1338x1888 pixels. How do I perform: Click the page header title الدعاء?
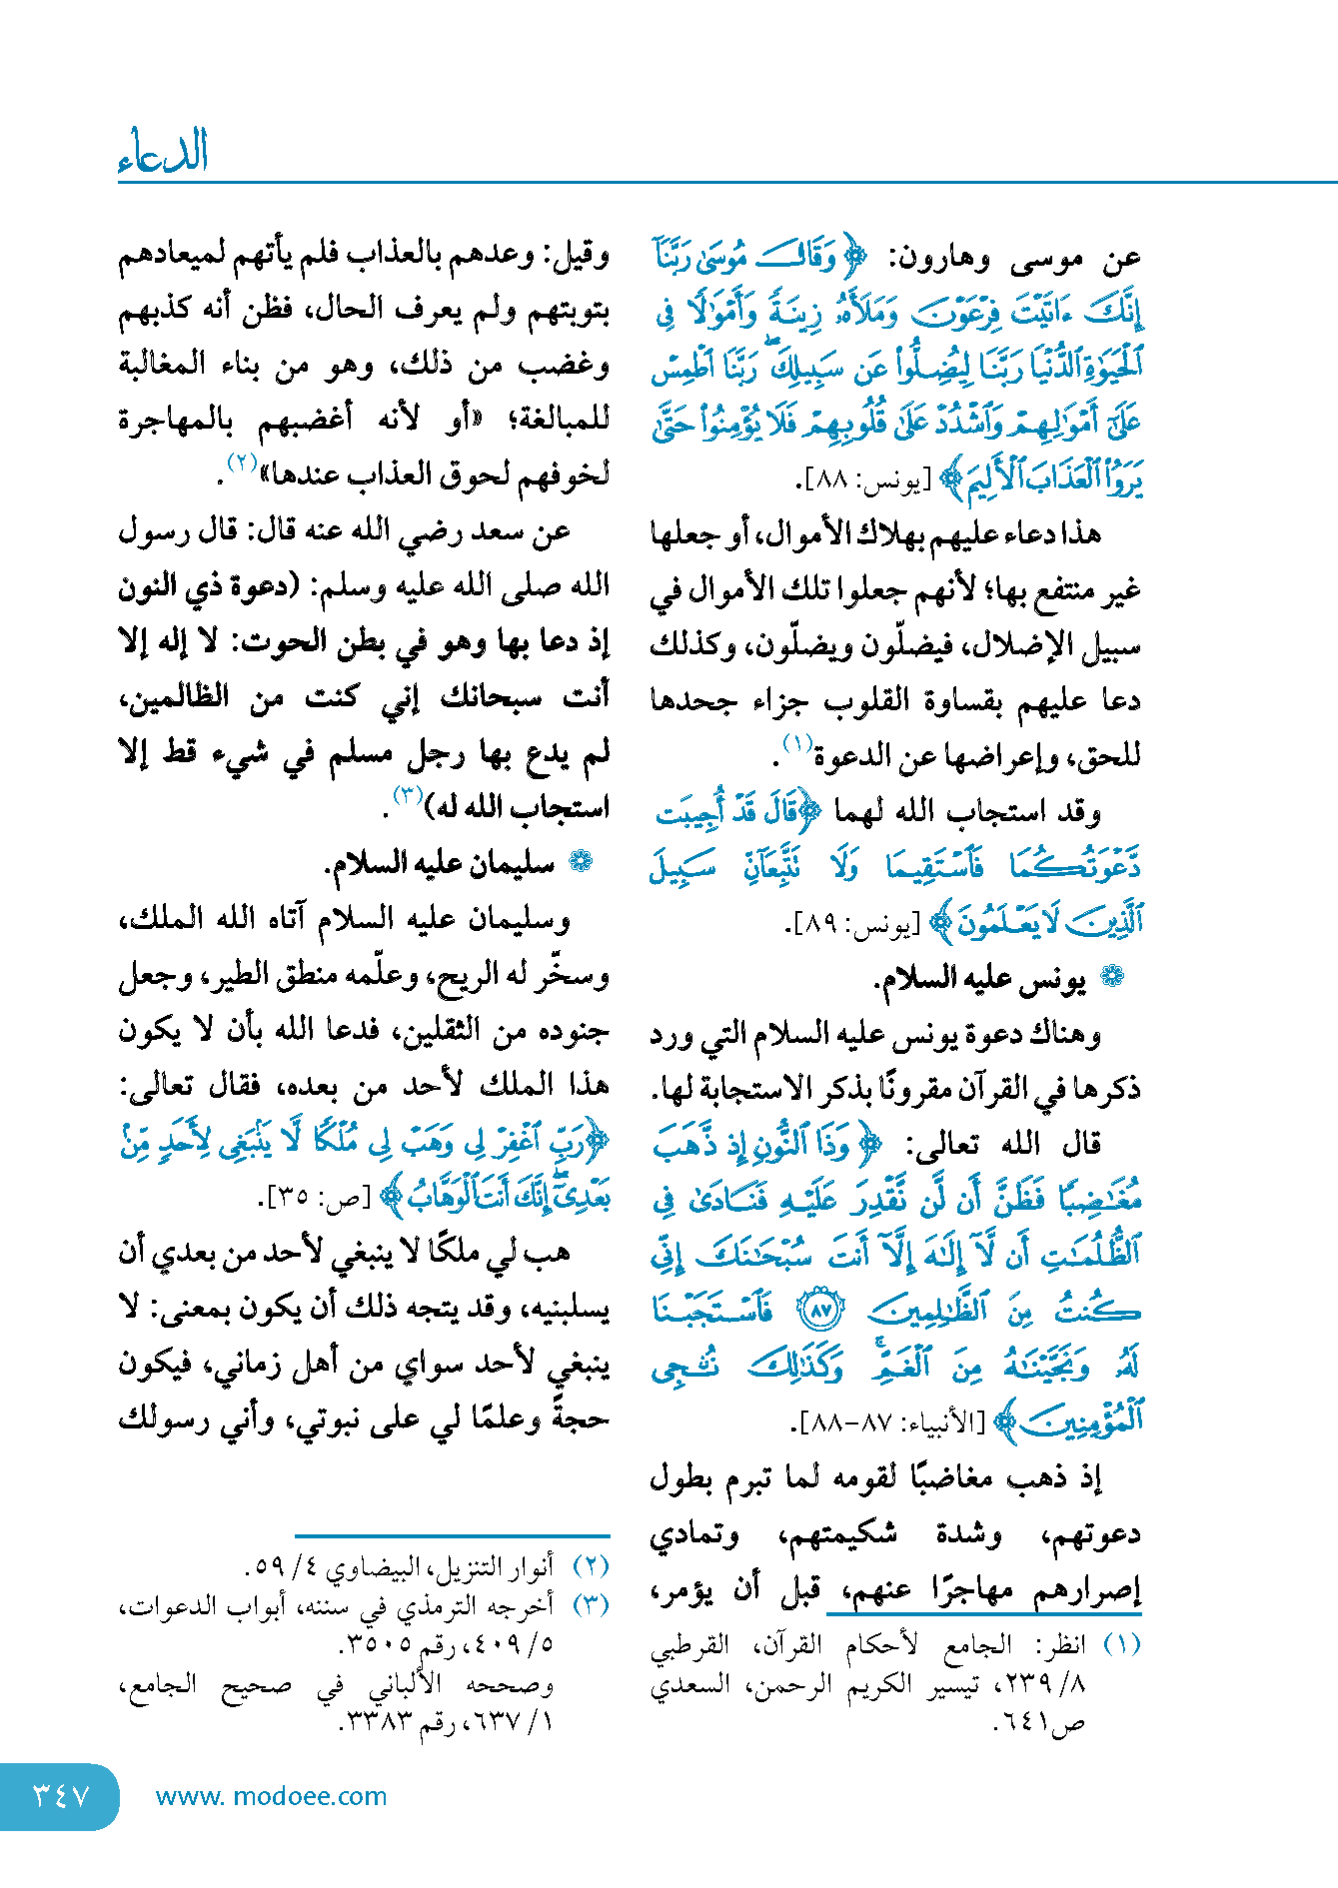(x=163, y=152)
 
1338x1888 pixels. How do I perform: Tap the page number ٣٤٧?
(x=62, y=1796)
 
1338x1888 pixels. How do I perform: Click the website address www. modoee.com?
(x=271, y=1796)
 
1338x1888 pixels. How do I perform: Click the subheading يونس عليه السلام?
(x=979, y=980)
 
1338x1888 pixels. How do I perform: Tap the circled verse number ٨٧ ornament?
(x=821, y=1311)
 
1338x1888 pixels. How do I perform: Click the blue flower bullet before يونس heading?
(x=1111, y=978)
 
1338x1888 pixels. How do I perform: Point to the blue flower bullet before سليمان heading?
(x=580, y=862)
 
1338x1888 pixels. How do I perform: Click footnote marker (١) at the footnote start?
(x=1121, y=1644)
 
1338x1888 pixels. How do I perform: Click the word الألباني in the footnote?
(x=405, y=1685)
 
